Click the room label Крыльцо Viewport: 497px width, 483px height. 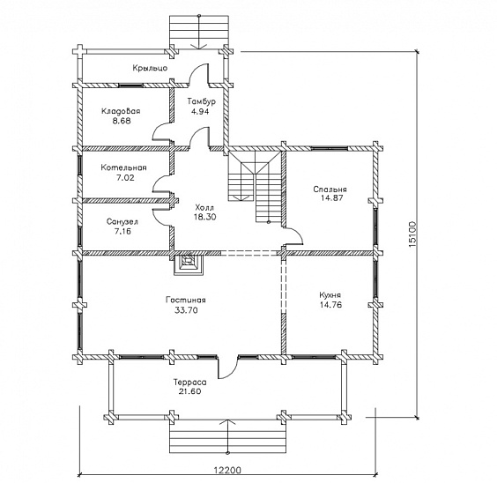150,68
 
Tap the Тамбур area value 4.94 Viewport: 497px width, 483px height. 200,111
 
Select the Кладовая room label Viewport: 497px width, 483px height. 121,111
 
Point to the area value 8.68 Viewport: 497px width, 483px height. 122,121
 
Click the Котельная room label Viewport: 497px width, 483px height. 124,167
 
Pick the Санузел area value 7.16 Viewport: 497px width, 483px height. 122,231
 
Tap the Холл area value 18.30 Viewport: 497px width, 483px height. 205,217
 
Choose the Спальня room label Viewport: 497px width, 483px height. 330,189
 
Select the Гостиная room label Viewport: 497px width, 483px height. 186,300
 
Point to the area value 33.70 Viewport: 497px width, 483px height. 187,310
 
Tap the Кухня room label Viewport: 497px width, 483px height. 330,295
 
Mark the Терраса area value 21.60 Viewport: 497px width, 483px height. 189,391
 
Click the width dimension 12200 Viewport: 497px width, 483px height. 227,470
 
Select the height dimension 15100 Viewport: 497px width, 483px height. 412,234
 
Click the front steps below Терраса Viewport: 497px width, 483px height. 227,437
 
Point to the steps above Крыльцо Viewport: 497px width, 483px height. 199,32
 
